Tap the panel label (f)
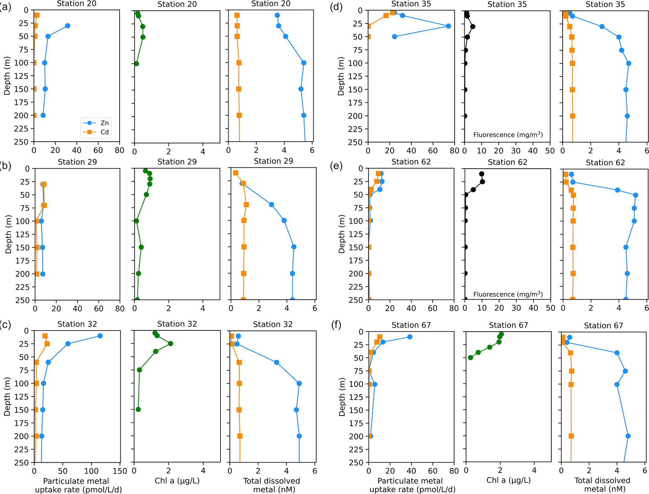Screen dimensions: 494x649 click(x=336, y=325)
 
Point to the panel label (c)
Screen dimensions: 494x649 click(x=5, y=325)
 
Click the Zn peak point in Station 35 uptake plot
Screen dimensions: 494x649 click(x=448, y=26)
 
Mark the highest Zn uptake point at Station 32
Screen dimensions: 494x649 click(x=100, y=336)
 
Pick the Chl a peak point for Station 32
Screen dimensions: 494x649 click(x=170, y=344)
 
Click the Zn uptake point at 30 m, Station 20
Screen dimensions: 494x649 click(x=68, y=26)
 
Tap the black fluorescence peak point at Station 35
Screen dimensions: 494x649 click(x=473, y=26)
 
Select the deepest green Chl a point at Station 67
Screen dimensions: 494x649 click(x=470, y=358)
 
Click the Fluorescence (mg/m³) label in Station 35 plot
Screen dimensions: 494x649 click(x=508, y=135)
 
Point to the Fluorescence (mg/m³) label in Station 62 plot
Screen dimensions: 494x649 click(x=508, y=294)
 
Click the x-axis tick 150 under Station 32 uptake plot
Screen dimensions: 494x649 click(x=120, y=471)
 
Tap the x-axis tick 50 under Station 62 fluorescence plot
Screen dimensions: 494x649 click(x=550, y=308)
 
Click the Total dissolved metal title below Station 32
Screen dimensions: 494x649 click(x=272, y=485)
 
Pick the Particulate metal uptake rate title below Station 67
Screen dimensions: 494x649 click(x=412, y=485)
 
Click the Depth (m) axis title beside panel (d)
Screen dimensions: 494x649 click(x=341, y=76)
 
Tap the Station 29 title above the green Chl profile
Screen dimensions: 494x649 click(x=177, y=162)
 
